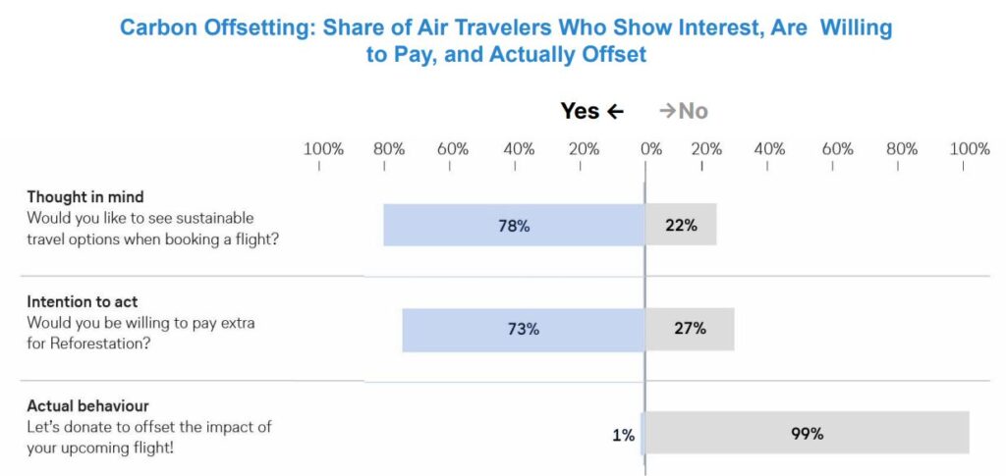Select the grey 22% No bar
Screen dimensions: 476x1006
click(x=681, y=225)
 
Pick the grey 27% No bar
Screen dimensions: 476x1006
click(x=690, y=329)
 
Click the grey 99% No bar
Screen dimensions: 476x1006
click(x=807, y=433)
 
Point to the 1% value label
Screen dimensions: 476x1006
click(x=623, y=434)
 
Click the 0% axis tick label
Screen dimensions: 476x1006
click(x=650, y=149)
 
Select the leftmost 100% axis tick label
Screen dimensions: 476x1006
click(x=323, y=149)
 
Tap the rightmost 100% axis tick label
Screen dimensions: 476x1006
click(x=970, y=149)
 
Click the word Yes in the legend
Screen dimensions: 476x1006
click(x=580, y=111)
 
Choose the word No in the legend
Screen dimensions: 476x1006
click(x=694, y=111)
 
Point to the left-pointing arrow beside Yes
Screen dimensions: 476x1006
click(x=616, y=111)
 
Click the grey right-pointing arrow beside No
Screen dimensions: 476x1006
click(x=667, y=111)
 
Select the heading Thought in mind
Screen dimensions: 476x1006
click(x=85, y=196)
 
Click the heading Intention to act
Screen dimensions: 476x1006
click(x=83, y=301)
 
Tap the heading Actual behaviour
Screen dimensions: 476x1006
click(x=87, y=405)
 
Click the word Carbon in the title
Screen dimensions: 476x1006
click(x=158, y=27)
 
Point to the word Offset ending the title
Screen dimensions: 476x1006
click(x=611, y=54)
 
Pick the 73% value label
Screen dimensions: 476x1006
click(x=523, y=330)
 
